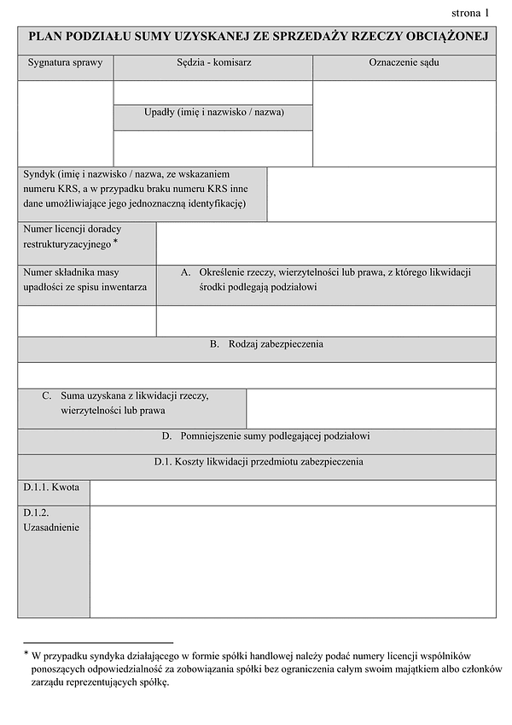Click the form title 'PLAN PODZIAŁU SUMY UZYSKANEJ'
257,37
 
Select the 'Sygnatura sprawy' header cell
65,62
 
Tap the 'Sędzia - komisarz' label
213,62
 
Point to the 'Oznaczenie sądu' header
404,62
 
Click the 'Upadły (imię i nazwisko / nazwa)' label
213,112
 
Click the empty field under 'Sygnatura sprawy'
65,123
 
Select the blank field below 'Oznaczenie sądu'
404,123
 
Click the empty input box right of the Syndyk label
381,194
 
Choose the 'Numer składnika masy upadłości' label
85,279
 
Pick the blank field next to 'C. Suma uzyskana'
371,409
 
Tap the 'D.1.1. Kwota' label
51,488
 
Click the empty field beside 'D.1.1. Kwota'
293,493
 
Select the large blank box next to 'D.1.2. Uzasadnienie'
293,561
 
